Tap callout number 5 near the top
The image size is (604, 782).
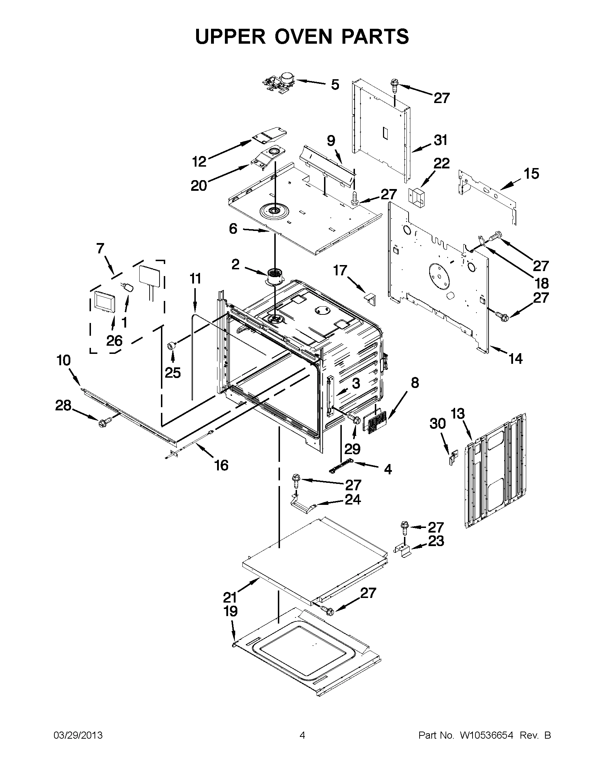[x=335, y=85]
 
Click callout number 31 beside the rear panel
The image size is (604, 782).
[x=440, y=140]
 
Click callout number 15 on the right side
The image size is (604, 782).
[x=531, y=174]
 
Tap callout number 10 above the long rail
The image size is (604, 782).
[x=63, y=360]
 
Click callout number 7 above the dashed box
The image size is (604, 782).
[x=100, y=248]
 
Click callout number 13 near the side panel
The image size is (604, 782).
[x=457, y=414]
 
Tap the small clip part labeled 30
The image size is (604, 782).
[x=453, y=458]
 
